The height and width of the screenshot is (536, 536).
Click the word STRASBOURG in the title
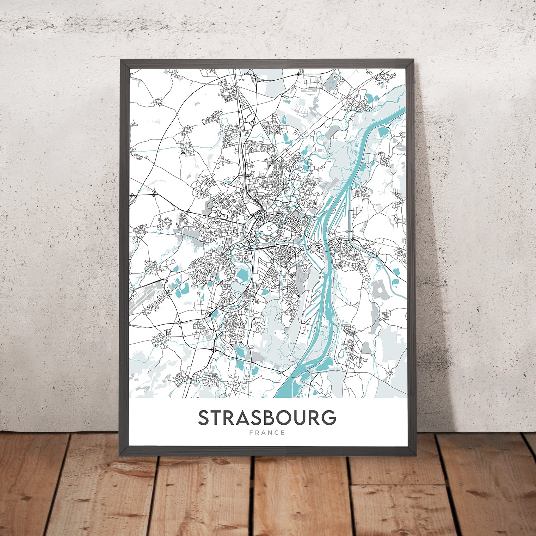pos(267,418)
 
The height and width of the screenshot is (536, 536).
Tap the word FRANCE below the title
pos(267,433)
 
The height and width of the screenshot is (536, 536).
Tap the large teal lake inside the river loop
pos(242,275)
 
